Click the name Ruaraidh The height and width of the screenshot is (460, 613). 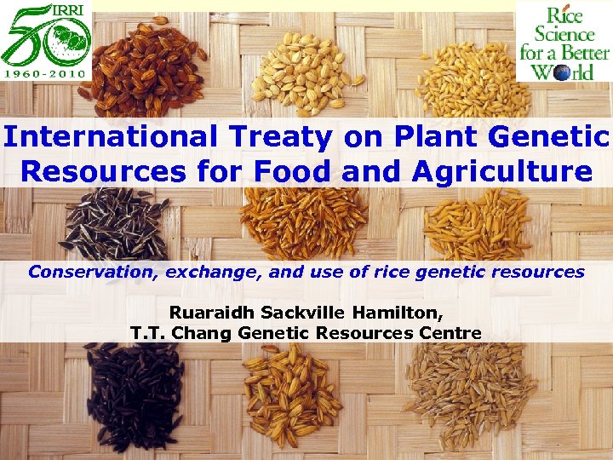209,313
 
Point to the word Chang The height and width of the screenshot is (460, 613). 202,332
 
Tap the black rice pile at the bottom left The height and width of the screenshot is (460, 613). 136,396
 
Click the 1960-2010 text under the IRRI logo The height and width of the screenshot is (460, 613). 46,73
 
